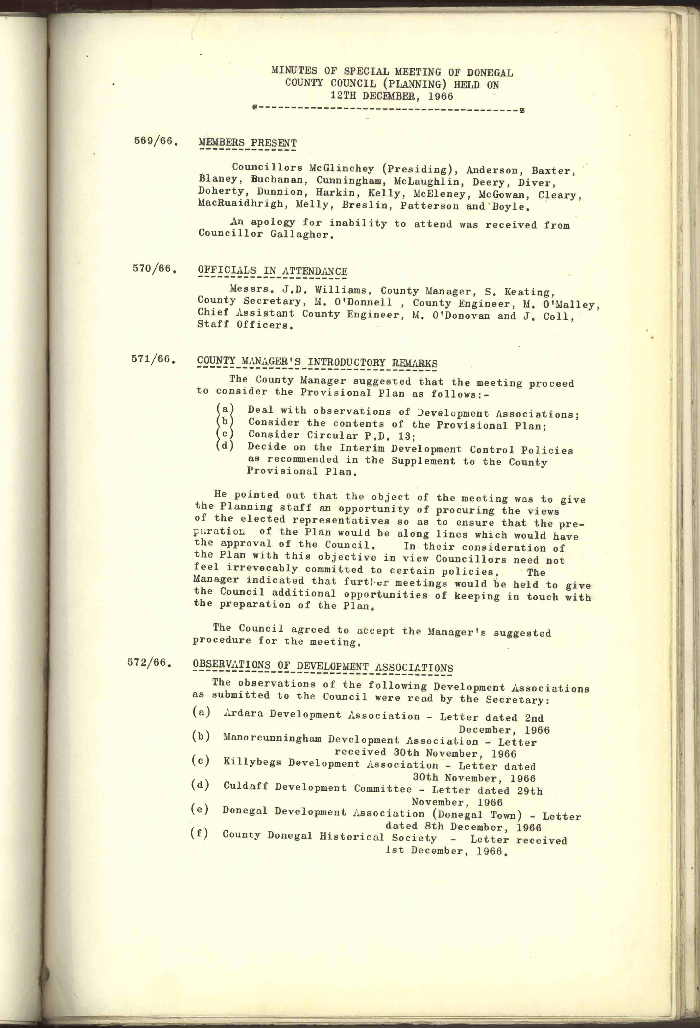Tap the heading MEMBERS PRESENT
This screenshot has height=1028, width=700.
[247, 143]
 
